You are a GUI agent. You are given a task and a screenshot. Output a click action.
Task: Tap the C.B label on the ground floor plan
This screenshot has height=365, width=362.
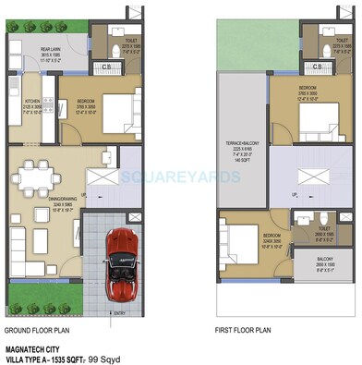pyautogui.click(x=107, y=67)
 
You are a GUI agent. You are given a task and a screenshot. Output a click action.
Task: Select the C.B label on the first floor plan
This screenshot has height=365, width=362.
pyautogui.click(x=317, y=67)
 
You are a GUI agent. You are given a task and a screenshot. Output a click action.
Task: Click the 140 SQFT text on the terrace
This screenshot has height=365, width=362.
pyautogui.click(x=238, y=160)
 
